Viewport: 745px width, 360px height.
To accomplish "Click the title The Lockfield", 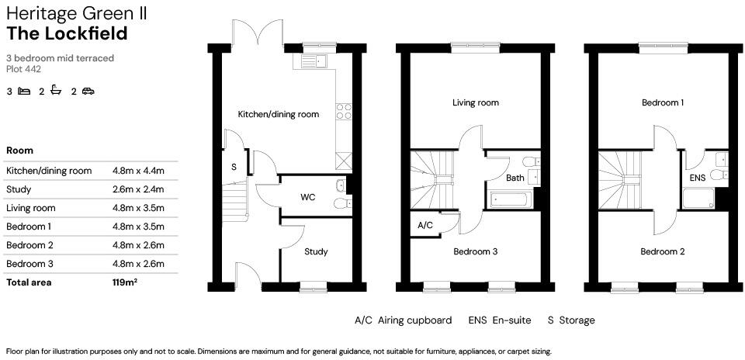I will point(67,33).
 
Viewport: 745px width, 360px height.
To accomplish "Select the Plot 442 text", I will point(24,69).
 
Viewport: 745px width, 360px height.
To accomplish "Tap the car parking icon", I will point(88,92).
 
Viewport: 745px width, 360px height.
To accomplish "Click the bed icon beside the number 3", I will point(24,92).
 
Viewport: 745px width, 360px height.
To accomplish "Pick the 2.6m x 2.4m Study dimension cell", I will point(139,189).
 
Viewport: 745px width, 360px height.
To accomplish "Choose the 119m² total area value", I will point(125,282).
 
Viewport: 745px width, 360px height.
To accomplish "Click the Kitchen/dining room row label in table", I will point(49,171).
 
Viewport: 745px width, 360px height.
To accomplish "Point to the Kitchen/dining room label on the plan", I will point(278,114).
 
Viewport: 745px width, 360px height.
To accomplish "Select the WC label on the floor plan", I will point(307,197).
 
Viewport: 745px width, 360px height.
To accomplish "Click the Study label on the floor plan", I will point(316,251).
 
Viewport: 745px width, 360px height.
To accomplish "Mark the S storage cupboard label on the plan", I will point(234,166).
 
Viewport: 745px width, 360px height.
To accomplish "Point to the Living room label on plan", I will point(476,102).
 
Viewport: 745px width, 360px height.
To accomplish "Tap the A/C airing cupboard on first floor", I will point(425,225).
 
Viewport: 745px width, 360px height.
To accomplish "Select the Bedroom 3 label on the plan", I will point(476,251).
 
